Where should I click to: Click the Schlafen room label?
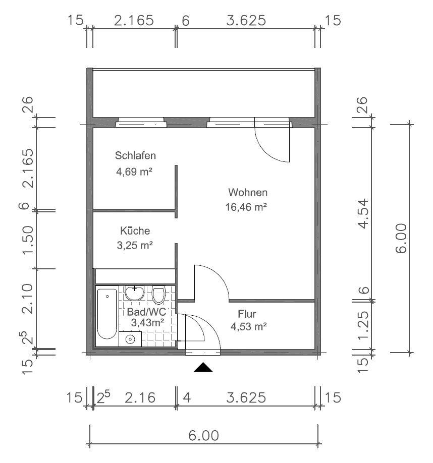(135, 156)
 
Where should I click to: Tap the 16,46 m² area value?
(246, 207)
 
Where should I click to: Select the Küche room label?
(135, 230)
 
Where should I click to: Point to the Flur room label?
(247, 314)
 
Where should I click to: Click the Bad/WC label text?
(146, 312)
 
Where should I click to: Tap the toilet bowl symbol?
(158, 295)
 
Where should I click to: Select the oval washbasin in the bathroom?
(135, 293)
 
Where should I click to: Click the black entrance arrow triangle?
(203, 367)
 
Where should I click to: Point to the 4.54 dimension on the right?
(363, 214)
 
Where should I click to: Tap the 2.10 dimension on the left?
(28, 299)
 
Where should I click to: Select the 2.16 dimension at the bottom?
(140, 398)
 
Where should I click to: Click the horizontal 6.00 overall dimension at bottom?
(204, 436)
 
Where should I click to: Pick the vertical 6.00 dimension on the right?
(401, 239)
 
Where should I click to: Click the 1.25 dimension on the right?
(363, 325)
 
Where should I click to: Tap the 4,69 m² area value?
(134, 171)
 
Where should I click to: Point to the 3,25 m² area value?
(135, 246)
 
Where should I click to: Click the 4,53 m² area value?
(248, 327)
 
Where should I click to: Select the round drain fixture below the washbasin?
(130, 339)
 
